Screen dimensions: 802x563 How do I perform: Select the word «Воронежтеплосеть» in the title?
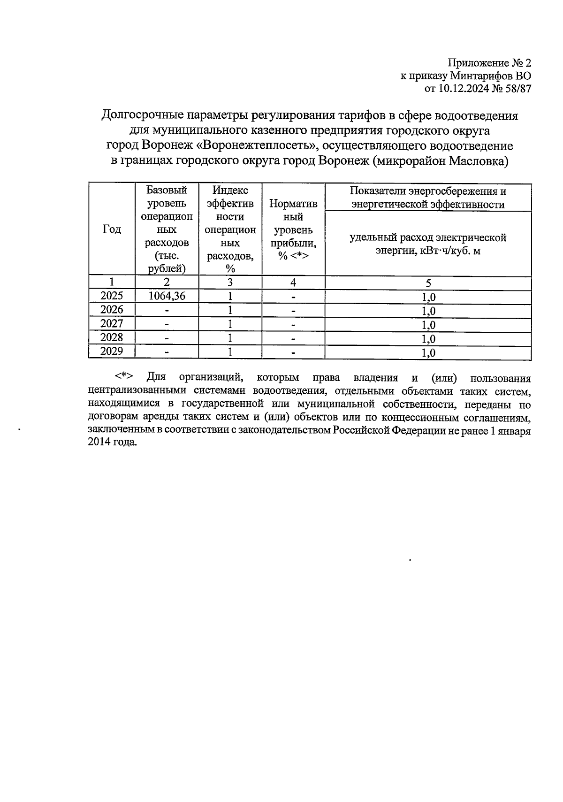(257, 145)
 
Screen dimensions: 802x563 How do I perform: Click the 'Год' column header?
(112, 229)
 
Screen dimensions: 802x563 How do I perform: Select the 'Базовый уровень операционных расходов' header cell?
(167, 229)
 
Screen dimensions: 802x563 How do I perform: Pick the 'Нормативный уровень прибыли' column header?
(293, 229)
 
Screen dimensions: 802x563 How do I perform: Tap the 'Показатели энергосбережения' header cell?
(428, 197)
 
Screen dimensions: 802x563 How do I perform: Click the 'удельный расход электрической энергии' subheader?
(428, 244)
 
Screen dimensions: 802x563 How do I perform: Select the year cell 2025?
(112, 296)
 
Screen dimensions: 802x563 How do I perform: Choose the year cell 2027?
(112, 324)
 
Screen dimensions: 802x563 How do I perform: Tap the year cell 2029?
(112, 351)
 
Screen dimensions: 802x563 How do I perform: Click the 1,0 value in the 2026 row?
(428, 311)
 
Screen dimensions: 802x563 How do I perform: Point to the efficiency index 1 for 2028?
(230, 338)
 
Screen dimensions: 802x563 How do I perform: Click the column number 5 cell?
(428, 283)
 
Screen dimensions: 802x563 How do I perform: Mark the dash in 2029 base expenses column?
(167, 352)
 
